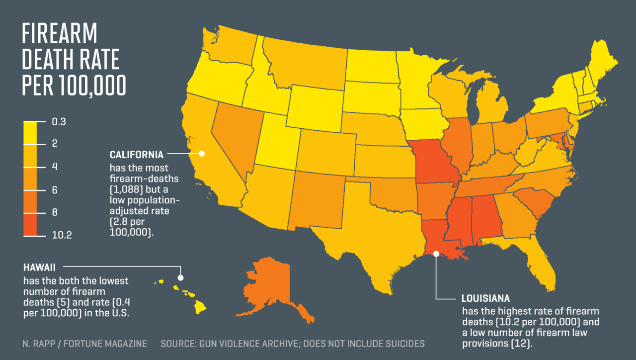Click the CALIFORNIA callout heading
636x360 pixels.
click(137, 155)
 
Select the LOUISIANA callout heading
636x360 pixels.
click(485, 299)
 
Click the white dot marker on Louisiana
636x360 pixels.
click(436, 254)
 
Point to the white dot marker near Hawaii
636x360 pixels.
click(180, 277)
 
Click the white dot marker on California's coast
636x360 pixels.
click(202, 154)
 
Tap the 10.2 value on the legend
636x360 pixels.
click(62, 236)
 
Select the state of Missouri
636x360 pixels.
click(432, 162)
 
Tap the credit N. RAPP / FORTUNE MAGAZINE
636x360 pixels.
click(84, 344)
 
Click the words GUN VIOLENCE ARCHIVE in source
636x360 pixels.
click(258, 344)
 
